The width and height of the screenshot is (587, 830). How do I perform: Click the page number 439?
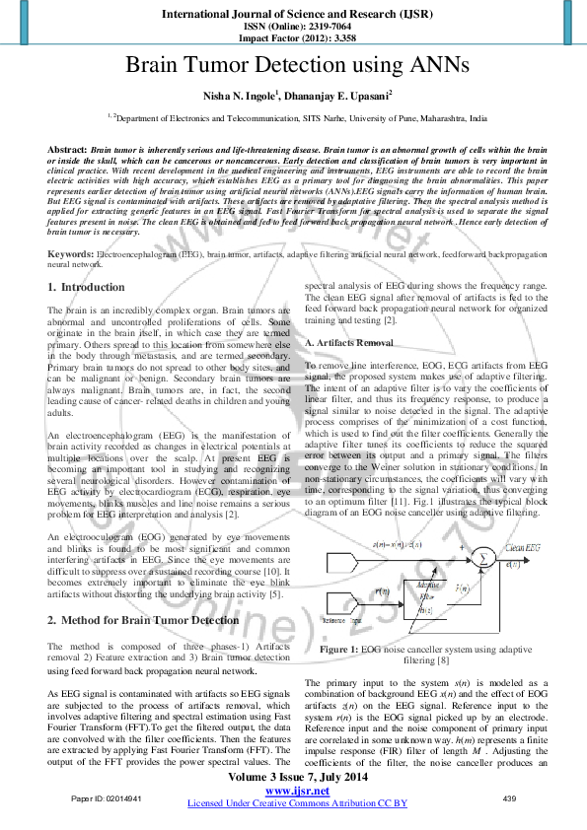click(510, 797)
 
